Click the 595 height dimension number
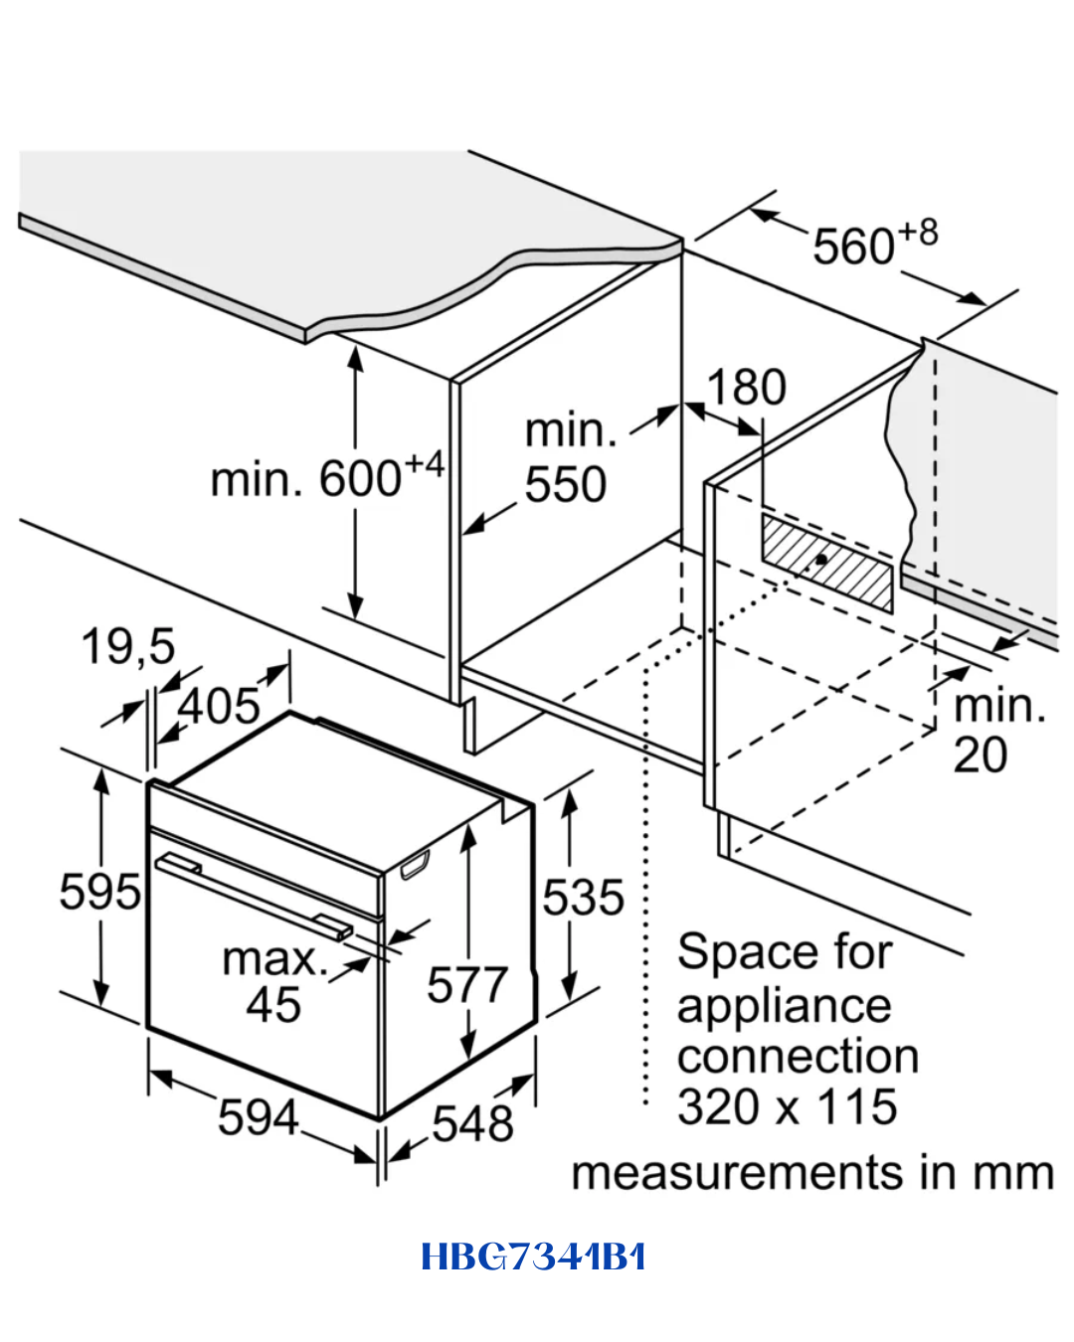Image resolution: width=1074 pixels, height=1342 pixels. (99, 892)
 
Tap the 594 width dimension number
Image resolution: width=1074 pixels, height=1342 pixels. (258, 1117)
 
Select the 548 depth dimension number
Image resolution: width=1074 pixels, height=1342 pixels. (472, 1123)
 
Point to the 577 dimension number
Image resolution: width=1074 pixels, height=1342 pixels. (467, 985)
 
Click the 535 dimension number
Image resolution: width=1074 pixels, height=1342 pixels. (583, 897)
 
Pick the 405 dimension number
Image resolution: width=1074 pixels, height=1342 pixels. (219, 706)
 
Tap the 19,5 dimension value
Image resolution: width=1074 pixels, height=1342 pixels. (128, 647)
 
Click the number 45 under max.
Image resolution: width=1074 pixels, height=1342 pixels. (273, 1005)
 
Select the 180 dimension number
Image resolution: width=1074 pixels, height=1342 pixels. (746, 388)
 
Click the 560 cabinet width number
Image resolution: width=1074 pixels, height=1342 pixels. (853, 247)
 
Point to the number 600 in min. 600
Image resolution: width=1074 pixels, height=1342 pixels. (359, 479)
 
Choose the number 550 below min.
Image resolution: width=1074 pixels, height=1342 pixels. (566, 484)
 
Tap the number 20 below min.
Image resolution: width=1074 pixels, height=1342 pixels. (980, 755)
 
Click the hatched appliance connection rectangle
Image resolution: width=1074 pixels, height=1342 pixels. (826, 563)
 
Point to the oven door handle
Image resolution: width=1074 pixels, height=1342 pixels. (254, 898)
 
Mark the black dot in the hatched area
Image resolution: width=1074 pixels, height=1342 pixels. (821, 560)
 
